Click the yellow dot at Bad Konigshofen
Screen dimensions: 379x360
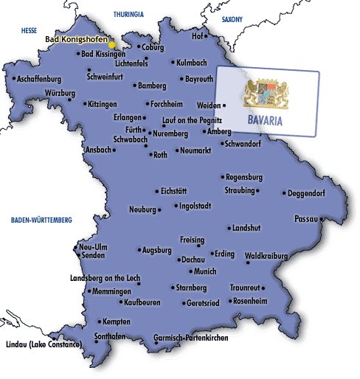click(111, 45)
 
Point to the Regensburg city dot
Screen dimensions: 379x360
click(222, 177)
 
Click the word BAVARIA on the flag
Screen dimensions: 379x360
click(267, 119)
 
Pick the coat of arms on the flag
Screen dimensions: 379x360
click(266, 92)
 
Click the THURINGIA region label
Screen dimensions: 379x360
click(128, 14)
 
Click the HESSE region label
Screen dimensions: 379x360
click(29, 31)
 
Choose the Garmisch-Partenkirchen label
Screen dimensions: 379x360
click(191, 338)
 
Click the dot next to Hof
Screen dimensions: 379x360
click(205, 35)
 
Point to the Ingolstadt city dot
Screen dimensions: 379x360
click(176, 206)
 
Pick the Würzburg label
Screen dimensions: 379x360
click(60, 93)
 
